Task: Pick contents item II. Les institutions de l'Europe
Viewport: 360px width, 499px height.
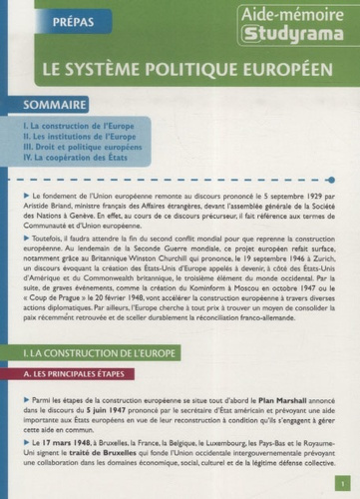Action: coord(78,136)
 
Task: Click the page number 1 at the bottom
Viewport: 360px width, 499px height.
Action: coord(340,478)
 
